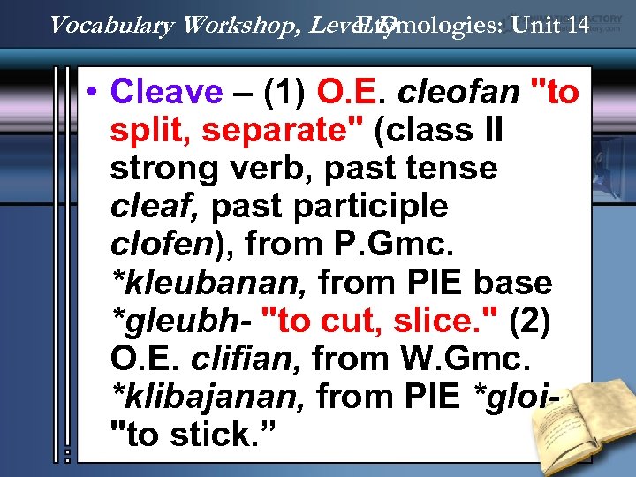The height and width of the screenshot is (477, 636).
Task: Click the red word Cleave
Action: (x=167, y=91)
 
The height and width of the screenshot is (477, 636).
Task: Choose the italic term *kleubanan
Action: (x=208, y=283)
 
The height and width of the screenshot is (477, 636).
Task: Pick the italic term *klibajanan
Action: (x=208, y=397)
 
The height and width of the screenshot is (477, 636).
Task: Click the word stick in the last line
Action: (x=203, y=435)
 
